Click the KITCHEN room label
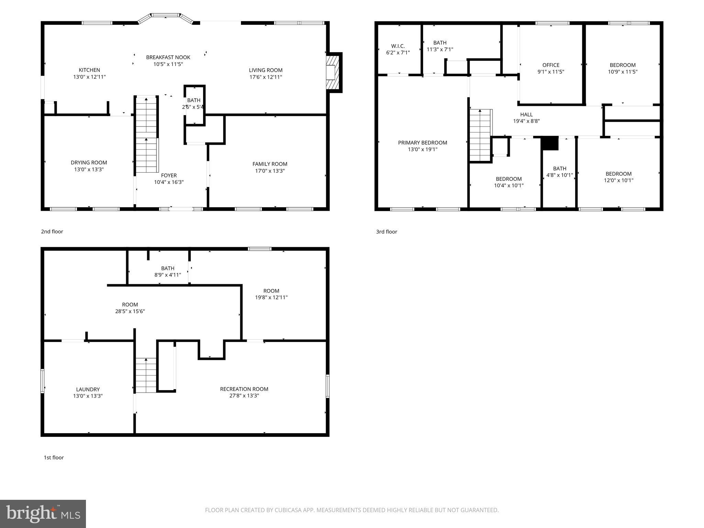[x=89, y=70]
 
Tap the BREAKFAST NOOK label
[x=168, y=57]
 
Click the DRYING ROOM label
[x=89, y=163]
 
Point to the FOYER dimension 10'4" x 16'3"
[x=169, y=182]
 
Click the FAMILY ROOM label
[x=270, y=164]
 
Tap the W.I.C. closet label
[x=398, y=46]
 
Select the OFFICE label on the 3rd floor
[x=551, y=65]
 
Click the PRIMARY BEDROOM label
[x=422, y=143]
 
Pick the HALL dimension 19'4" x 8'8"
[x=526, y=121]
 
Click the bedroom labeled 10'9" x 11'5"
[x=623, y=68]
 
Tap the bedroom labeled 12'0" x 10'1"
[x=618, y=177]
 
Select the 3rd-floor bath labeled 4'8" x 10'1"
[x=559, y=172]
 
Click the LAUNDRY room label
[x=88, y=389]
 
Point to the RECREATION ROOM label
[x=244, y=389]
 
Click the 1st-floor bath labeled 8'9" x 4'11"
[x=168, y=272]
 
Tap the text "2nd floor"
[x=52, y=232]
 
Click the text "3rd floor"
[x=386, y=232]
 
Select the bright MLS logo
[x=43, y=514]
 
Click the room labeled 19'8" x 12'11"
[x=271, y=294]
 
